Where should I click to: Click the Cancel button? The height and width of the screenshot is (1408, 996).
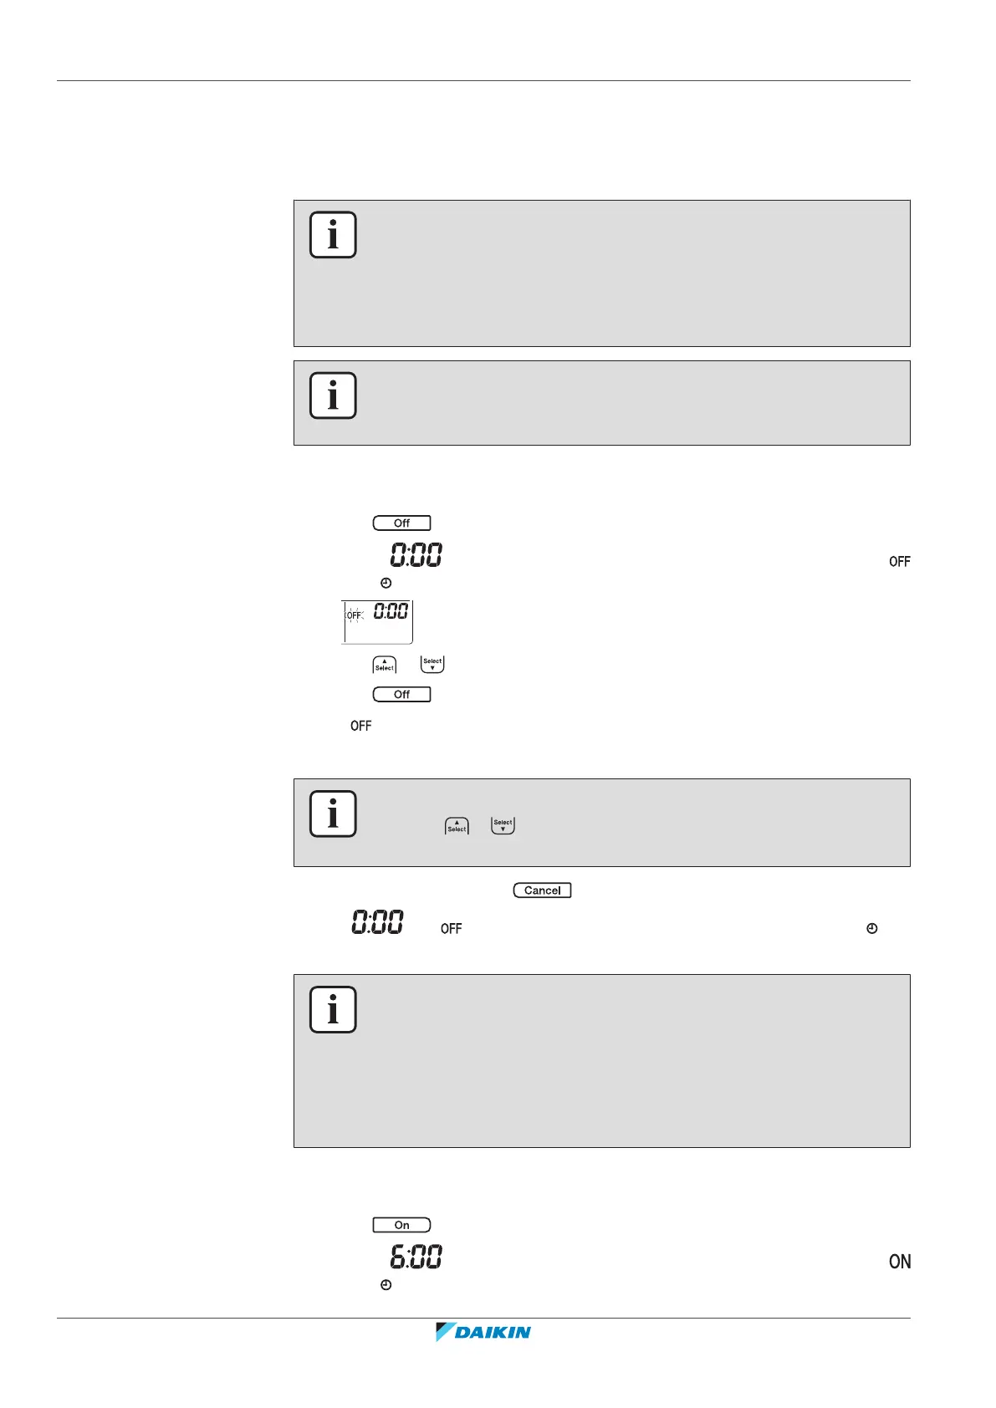click(x=542, y=890)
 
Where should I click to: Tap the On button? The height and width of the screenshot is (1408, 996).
click(x=401, y=1225)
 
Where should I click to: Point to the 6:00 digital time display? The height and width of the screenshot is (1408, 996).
click(x=416, y=1257)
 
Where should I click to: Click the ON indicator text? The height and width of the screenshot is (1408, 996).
click(x=900, y=1262)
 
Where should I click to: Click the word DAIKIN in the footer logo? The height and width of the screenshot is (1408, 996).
click(x=493, y=1333)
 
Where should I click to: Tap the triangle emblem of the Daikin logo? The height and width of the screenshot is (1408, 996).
click(x=444, y=1332)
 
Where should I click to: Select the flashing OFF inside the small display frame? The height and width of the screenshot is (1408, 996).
click(x=355, y=615)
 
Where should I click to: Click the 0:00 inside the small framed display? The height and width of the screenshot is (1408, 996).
click(x=391, y=611)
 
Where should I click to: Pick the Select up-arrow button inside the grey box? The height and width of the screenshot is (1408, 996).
click(x=457, y=826)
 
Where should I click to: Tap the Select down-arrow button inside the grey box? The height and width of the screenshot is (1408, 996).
click(x=503, y=826)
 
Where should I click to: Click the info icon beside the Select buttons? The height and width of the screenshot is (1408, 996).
click(x=333, y=814)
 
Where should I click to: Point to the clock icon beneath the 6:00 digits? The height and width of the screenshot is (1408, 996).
click(x=386, y=1284)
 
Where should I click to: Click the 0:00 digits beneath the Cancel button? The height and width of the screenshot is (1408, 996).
click(x=377, y=922)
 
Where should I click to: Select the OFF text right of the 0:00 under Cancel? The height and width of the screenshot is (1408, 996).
click(x=451, y=929)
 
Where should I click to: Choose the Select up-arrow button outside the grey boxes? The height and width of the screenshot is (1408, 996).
click(x=384, y=665)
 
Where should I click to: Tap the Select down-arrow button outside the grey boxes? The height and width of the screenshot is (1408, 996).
click(x=432, y=665)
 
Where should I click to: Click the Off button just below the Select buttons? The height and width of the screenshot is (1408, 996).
click(x=401, y=694)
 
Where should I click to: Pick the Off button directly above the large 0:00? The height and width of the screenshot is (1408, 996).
click(x=401, y=523)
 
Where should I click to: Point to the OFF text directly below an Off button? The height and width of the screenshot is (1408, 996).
click(x=361, y=726)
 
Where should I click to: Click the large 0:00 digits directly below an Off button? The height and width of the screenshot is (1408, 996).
click(x=416, y=554)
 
